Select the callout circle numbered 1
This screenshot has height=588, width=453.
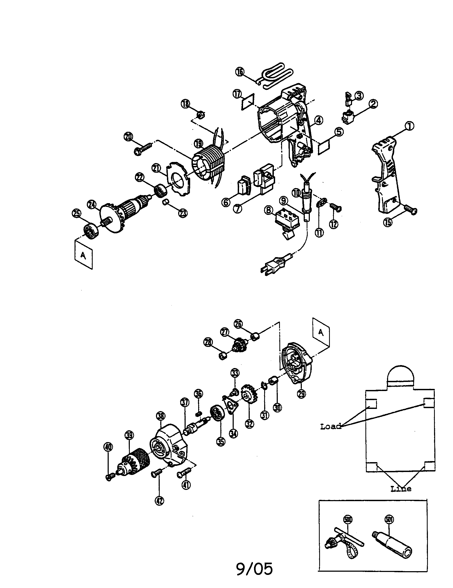pyautogui.click(x=409, y=126)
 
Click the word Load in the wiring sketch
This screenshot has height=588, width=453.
pyautogui.click(x=331, y=426)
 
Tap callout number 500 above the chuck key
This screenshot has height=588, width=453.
pyautogui.click(x=348, y=519)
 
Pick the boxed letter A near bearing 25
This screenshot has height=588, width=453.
pyautogui.click(x=83, y=255)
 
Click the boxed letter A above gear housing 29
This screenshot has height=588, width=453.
pyautogui.click(x=321, y=333)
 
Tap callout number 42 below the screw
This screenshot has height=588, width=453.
pyautogui.click(x=159, y=501)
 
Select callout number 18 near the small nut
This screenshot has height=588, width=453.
pyautogui.click(x=185, y=104)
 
